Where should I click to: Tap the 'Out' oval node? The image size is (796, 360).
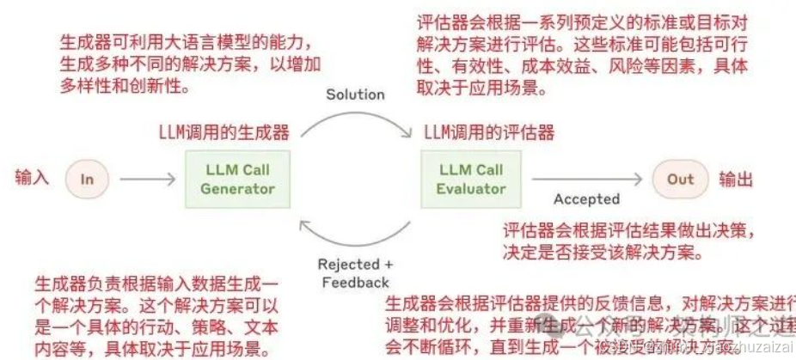click(x=680, y=179)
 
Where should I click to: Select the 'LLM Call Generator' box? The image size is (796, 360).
click(x=237, y=179)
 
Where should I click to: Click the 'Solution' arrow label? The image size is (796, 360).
click(x=354, y=95)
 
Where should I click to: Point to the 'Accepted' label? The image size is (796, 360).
click(x=586, y=199)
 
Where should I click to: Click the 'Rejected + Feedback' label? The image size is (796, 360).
click(x=355, y=273)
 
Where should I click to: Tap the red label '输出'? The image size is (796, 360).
click(x=736, y=179)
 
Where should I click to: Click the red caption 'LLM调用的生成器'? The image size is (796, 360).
click(x=223, y=132)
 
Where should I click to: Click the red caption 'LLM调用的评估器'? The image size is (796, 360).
click(x=488, y=132)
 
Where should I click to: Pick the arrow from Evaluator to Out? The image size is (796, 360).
click(x=585, y=179)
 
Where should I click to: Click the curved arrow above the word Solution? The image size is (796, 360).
click(x=354, y=116)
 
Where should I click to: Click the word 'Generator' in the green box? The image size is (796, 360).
click(x=237, y=189)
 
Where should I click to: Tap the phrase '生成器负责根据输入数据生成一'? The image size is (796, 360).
click(x=156, y=284)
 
